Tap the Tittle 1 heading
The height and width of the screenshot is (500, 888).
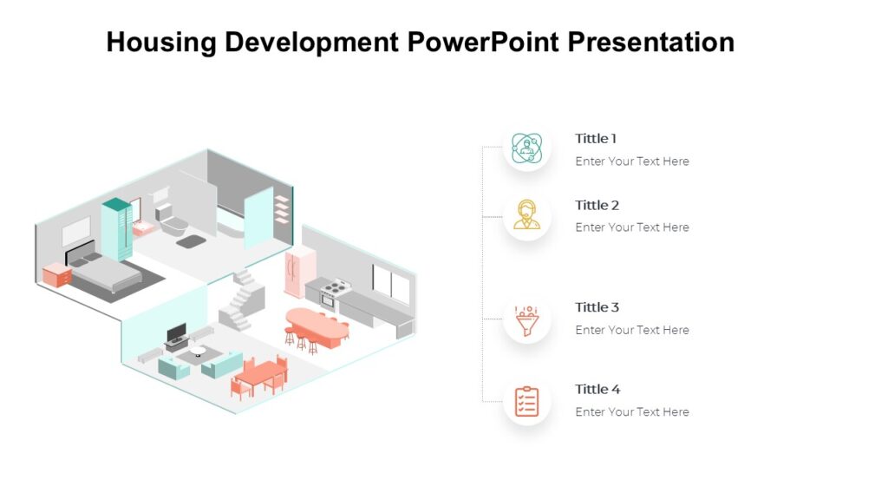tap(596, 139)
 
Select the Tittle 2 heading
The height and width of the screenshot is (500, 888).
tap(597, 206)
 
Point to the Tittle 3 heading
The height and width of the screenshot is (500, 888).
tap(597, 307)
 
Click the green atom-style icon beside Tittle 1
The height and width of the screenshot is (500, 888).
tap(526, 148)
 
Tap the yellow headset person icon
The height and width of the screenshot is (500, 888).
tap(526, 214)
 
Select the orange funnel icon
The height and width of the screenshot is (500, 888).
tap(526, 319)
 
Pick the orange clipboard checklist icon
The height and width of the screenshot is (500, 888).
tap(526, 401)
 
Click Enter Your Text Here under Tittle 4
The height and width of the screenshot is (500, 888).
tap(632, 412)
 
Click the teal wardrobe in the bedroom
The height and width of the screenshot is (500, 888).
tap(117, 228)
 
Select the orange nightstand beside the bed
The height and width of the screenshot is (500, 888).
tap(57, 275)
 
